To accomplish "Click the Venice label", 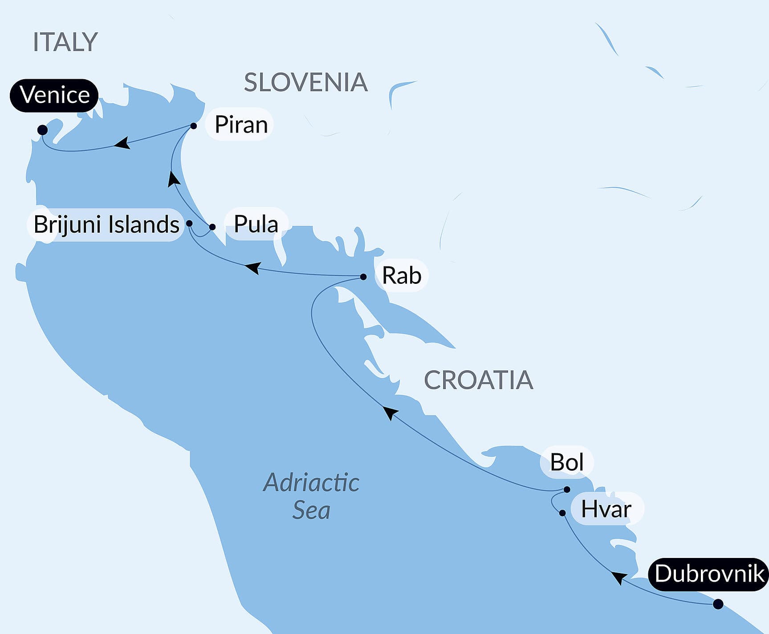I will coord(54,95).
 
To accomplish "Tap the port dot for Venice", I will coord(42,130).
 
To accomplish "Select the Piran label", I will coord(240,125).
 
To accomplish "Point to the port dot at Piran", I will coord(194,126).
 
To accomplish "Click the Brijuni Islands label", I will coord(106,224).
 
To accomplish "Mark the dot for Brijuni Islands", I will coord(189,223).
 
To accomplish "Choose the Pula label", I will coord(256,224).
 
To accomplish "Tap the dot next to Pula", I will coord(212,227).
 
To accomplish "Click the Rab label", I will coord(401,275).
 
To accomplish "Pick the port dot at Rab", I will coord(363,277).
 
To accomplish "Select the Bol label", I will coord(566,462).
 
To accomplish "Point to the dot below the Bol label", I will coord(567,489).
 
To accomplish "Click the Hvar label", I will coord(606,509).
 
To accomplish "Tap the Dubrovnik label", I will coord(709,574).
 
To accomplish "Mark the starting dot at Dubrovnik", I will coord(718,604).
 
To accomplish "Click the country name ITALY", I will coord(65,42).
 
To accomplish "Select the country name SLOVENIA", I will coord(306,82).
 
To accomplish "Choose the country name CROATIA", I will coord(478,380).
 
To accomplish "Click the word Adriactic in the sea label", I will coord(311,483).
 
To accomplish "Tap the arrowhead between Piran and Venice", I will coord(122,143).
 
